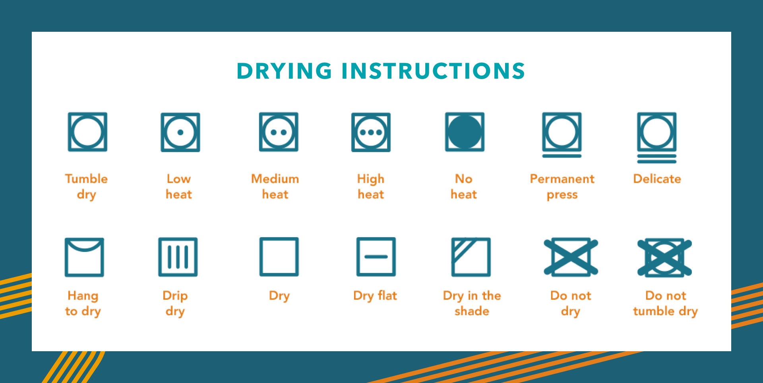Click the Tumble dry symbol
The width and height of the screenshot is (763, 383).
click(x=87, y=132)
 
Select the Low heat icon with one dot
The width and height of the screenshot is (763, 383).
click(x=180, y=132)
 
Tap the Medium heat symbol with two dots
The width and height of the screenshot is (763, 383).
click(x=279, y=132)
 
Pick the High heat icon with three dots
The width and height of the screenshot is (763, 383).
click(x=371, y=132)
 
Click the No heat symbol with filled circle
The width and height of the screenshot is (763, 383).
click(x=465, y=132)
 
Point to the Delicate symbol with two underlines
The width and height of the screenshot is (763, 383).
click(x=657, y=136)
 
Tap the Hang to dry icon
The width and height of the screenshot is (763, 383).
click(x=84, y=257)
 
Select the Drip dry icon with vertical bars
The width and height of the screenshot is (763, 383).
click(x=178, y=257)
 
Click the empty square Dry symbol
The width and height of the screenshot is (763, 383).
click(x=279, y=257)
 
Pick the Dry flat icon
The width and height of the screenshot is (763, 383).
click(x=376, y=257)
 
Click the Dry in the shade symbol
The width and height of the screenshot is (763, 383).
click(x=471, y=257)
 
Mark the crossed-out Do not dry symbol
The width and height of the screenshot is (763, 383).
click(x=571, y=257)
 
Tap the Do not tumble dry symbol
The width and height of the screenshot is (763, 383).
click(x=665, y=257)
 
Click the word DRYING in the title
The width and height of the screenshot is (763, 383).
click(x=284, y=71)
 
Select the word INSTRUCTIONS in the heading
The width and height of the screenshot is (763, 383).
click(x=433, y=71)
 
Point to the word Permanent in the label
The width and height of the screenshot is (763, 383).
click(x=562, y=179)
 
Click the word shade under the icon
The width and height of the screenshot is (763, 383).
click(x=472, y=311)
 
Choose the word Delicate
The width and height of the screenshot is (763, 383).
click(x=657, y=179)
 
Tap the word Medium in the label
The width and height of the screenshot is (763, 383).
click(x=275, y=179)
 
